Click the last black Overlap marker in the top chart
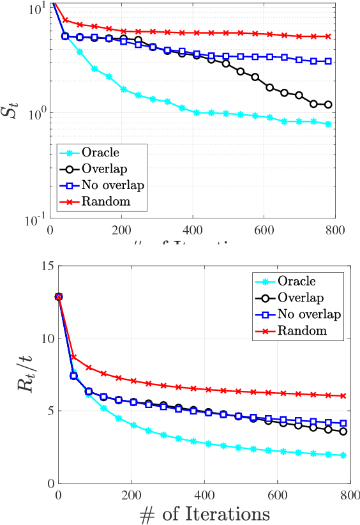click(328, 105)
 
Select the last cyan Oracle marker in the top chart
click(328, 124)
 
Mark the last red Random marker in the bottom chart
click(343, 396)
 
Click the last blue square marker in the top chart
click(328, 61)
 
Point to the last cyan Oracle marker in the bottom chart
click(343, 455)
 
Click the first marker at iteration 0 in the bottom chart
click(59, 297)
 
